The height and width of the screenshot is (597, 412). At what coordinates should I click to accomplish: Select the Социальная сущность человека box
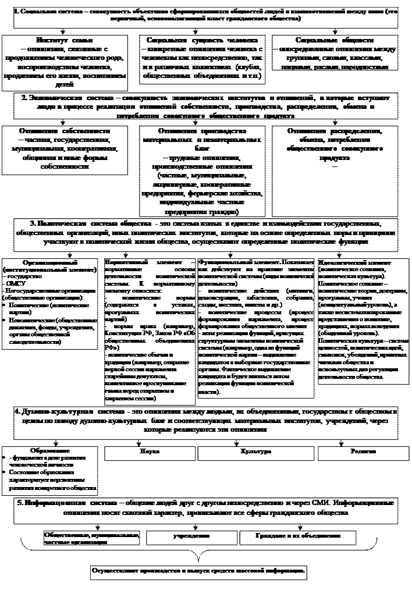click(203, 58)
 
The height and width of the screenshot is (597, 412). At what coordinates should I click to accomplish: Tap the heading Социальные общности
click(335, 41)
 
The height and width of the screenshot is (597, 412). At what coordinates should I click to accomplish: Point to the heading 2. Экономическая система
click(207, 106)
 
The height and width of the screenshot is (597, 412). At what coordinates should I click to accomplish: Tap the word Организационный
click(51, 263)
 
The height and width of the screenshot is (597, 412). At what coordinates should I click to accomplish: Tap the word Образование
click(51, 450)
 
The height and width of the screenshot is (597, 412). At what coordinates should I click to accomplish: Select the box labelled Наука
click(150, 452)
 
